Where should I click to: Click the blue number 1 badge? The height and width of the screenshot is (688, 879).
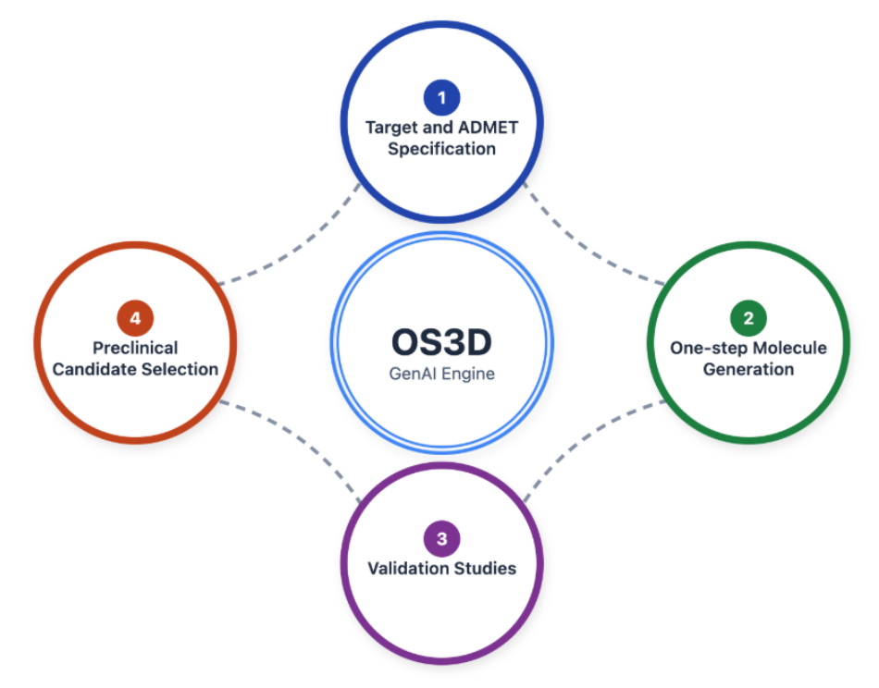pos(441,96)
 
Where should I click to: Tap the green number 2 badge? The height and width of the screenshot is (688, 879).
pos(748,318)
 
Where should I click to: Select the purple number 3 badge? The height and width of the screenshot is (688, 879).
pos(441,538)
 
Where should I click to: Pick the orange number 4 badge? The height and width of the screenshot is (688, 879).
pos(135,318)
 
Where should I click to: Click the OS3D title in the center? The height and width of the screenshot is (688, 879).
pos(441,342)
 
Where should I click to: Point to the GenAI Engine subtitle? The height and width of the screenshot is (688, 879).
pos(441,375)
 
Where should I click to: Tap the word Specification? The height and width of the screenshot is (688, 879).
pos(441,148)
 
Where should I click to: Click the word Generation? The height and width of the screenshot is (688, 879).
pos(748,369)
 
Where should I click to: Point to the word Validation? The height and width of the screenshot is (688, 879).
pos(409,568)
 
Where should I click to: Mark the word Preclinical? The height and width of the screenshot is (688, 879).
pos(135,348)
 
